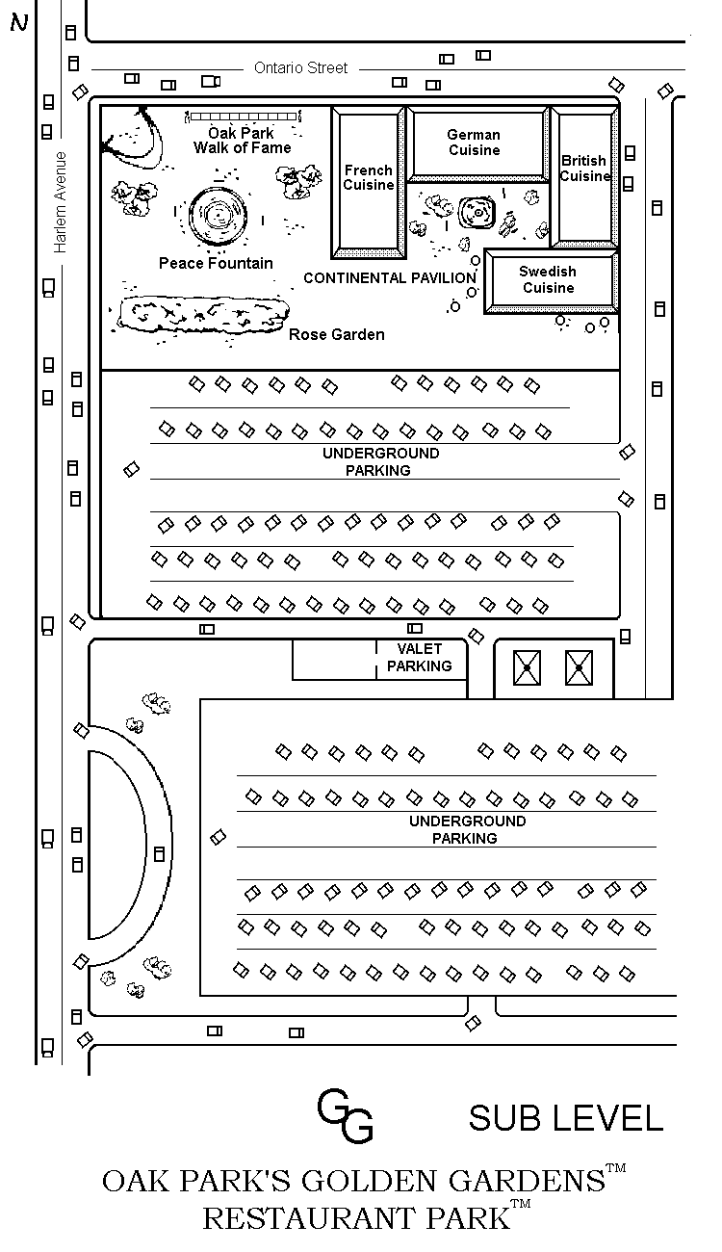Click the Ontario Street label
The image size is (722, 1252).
tap(300, 67)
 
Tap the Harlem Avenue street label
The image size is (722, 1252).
tap(60, 202)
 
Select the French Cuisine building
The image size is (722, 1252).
tap(369, 183)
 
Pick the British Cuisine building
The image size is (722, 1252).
tap(584, 176)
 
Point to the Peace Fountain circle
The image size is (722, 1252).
tap(218, 215)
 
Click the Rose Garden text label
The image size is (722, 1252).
tap(336, 334)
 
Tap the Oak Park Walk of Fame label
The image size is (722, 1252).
tap(242, 141)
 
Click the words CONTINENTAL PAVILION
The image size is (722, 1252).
tap(390, 277)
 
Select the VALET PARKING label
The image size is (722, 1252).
tap(419, 657)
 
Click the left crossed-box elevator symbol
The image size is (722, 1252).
tap(527, 667)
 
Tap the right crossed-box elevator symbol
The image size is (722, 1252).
tap(579, 667)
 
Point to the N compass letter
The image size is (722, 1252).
tap(19, 22)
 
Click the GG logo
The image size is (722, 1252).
tap(345, 1115)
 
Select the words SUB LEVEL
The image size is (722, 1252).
tap(565, 1118)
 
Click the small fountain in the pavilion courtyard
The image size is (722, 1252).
tap(477, 213)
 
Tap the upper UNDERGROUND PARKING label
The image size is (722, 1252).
tap(380, 461)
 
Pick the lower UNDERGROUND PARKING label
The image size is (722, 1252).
tap(467, 829)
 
